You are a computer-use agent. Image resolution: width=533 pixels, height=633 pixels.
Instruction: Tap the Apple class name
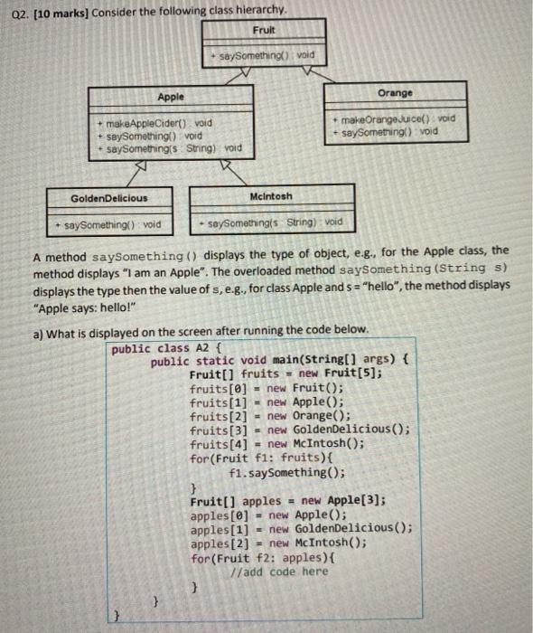coord(170,97)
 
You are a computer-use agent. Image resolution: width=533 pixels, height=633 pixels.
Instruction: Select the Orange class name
coord(395,92)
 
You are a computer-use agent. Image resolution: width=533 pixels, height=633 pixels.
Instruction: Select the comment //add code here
coord(280,572)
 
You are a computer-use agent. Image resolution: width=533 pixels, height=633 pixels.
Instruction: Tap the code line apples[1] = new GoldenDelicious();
coord(302,528)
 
